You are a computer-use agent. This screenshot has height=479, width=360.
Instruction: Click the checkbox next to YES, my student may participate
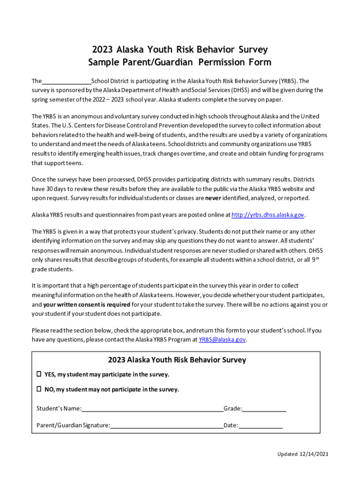pos(39,374)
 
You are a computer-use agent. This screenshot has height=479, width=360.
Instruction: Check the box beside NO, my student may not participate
pos(39,389)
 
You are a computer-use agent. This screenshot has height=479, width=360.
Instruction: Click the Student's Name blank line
pos(152,409)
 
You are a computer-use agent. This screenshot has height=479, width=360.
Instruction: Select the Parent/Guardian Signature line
pos(167,426)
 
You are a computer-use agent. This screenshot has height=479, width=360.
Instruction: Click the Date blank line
pos(261,426)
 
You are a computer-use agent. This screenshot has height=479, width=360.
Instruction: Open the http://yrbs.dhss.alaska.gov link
pos(268,215)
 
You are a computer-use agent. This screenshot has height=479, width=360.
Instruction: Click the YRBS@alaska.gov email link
pos(222,340)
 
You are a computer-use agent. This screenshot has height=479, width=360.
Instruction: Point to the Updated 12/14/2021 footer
pos(299,454)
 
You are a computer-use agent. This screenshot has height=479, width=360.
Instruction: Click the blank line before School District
pos(66,81)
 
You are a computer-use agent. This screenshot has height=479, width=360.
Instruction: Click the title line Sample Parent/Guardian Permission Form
pos(180,63)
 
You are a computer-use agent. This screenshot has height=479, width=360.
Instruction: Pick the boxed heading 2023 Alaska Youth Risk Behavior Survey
pos(177,360)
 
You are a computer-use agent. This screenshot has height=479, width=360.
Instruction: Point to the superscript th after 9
pos(317,259)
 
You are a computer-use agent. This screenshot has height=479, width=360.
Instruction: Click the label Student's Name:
pos(59,409)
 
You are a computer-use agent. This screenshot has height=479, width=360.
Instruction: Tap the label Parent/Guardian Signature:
pos(73,426)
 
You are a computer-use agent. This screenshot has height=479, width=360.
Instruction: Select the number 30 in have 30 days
pos(50,189)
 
